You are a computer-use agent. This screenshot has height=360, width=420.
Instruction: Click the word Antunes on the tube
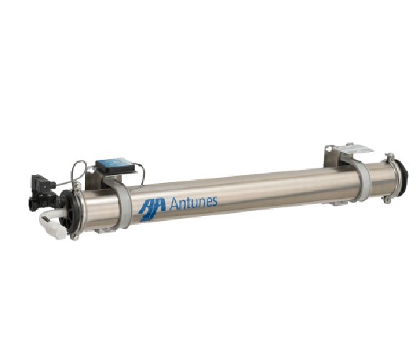193,204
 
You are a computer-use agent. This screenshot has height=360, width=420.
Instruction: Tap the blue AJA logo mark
153,210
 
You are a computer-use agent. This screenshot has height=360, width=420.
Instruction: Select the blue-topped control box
115,166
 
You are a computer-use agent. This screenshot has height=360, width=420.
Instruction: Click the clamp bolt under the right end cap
388,199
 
